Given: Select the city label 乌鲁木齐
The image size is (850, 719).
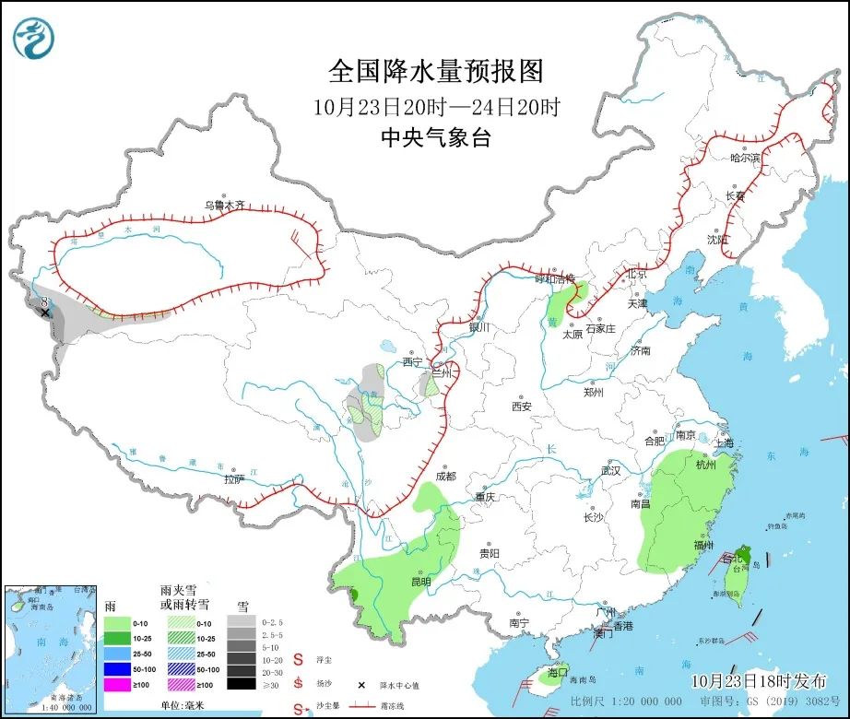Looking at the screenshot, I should click(226, 206).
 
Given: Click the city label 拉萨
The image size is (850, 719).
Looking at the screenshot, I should click(234, 478).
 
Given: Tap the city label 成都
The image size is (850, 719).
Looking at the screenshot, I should click(445, 477).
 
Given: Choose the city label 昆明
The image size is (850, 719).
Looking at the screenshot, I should click(420, 582).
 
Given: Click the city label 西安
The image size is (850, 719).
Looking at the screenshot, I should click(522, 406).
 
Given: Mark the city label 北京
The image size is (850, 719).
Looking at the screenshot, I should click(637, 274).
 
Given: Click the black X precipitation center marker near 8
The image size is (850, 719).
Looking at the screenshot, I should click(44, 313).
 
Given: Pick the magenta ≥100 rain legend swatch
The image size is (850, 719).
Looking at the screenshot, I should click(116, 684).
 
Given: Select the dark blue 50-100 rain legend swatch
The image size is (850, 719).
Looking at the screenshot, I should click(116, 669).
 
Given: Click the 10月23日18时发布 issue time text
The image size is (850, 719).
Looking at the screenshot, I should click(759, 681).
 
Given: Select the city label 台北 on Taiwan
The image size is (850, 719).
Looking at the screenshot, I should click(731, 559).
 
